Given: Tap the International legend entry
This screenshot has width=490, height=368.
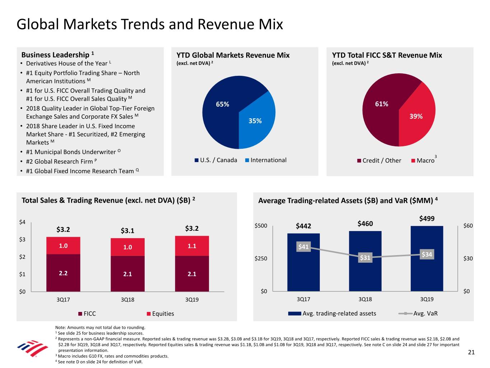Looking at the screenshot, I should click(266, 160).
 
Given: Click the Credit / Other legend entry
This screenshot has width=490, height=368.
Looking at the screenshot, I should click(379, 161).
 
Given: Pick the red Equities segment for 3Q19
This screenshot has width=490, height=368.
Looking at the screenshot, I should click(192, 246).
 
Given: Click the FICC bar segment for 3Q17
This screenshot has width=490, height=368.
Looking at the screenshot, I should click(63, 273).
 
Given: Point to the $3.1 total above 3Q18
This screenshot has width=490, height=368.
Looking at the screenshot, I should click(127, 231).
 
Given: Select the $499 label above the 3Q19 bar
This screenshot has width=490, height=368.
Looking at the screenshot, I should click(427, 218).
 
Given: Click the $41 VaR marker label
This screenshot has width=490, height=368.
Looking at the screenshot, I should click(303, 247).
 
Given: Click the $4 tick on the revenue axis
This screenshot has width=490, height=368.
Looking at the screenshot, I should click(22, 222).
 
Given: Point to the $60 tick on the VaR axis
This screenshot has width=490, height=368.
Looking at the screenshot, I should click(468, 226).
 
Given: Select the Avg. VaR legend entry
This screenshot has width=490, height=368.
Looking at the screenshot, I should click(418, 313).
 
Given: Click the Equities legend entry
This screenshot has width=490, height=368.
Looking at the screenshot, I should click(160, 314).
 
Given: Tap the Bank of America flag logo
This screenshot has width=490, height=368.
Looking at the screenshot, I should click(32, 348).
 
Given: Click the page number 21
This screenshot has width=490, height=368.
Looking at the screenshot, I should click(471, 352).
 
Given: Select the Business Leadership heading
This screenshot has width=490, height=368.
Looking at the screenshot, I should click(55, 55).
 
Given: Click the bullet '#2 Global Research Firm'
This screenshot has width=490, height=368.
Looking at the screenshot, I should click(59, 162).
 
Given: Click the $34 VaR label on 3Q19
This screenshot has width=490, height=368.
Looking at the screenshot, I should click(427, 254).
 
